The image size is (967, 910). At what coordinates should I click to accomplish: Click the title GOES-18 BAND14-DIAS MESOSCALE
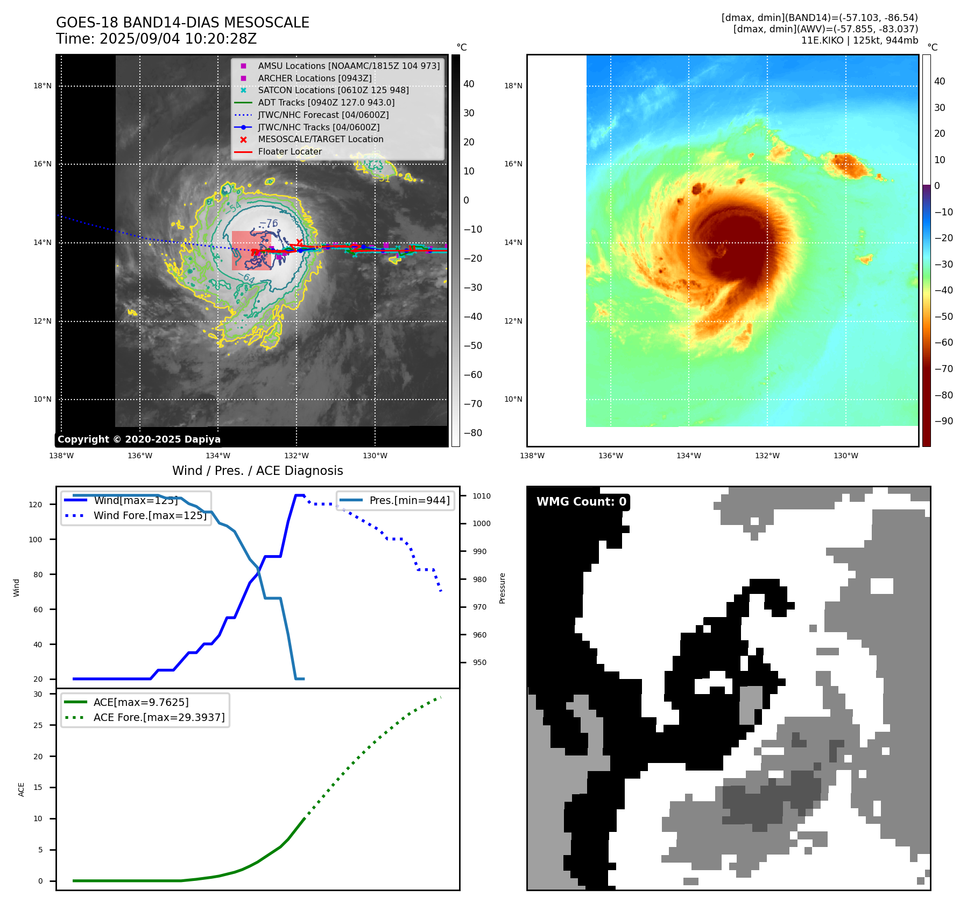point(182,23)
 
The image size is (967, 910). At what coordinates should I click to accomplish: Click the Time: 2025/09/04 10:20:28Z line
point(156,39)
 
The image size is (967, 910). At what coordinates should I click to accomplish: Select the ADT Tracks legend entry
point(326,102)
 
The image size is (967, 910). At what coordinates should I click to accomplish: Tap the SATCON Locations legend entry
point(333,90)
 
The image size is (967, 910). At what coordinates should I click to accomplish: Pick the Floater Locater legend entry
point(290,151)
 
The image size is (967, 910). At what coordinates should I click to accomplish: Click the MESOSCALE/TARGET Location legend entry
point(321,139)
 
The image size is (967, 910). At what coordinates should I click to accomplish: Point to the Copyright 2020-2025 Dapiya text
point(139,439)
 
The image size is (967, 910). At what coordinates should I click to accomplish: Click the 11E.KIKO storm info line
point(859,40)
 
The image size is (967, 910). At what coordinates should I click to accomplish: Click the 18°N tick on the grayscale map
point(43,86)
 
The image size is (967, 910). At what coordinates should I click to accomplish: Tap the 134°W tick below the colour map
point(689,456)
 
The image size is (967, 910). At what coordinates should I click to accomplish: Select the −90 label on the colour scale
point(943,421)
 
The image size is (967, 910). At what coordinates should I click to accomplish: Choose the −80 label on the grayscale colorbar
point(473,433)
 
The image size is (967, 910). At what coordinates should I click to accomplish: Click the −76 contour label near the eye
point(269,223)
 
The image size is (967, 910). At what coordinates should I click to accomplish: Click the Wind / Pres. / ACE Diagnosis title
point(257,471)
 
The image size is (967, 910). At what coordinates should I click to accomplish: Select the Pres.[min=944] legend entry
point(410,500)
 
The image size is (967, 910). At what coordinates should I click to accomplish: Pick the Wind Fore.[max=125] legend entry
point(150,515)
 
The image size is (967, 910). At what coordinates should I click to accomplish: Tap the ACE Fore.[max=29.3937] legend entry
point(159,717)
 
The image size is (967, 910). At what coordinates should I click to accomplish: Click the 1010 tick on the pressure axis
point(482,496)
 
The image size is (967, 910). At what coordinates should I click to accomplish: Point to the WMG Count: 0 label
point(581,502)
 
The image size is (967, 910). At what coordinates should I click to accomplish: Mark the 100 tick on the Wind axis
point(36,540)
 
